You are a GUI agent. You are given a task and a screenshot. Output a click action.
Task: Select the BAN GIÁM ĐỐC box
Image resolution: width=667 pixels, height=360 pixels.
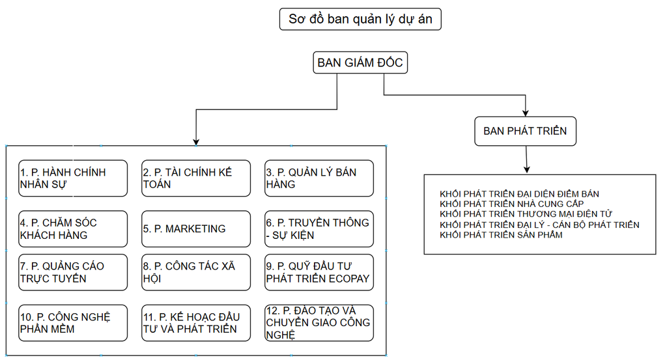(360, 63)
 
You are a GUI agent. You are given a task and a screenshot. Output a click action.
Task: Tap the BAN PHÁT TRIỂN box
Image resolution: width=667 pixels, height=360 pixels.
(525, 131)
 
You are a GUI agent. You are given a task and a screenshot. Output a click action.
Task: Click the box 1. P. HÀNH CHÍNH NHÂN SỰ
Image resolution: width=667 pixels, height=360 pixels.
(73, 178)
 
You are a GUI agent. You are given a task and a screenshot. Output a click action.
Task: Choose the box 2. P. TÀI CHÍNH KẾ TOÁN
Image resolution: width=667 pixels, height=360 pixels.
(195, 178)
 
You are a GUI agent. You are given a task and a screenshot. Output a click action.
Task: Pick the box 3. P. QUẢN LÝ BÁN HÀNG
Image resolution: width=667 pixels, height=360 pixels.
(319, 178)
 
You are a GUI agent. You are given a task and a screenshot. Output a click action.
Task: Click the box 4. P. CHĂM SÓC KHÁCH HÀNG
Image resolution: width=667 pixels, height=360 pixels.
(73, 229)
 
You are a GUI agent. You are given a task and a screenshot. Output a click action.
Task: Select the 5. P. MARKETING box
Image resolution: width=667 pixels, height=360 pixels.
(195, 229)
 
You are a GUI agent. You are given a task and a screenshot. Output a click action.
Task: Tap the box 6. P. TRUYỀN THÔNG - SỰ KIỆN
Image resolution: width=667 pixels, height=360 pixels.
(319, 229)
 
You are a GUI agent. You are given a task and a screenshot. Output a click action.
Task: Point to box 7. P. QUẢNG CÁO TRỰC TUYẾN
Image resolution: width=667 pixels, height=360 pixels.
(73, 272)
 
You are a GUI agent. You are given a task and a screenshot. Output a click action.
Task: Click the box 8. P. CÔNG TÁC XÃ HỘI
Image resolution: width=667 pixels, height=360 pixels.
(195, 272)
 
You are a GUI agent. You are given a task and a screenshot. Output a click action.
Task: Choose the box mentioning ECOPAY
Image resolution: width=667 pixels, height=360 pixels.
(319, 272)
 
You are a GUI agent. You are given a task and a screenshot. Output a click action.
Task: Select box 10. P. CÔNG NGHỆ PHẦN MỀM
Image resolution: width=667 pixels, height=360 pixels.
(73, 323)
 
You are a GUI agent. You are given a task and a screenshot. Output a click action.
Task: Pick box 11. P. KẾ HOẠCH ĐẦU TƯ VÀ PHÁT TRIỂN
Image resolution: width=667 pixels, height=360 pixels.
(195, 323)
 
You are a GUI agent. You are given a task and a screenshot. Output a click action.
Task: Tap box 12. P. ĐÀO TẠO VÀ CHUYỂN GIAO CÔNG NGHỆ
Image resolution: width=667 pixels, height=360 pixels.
(319, 323)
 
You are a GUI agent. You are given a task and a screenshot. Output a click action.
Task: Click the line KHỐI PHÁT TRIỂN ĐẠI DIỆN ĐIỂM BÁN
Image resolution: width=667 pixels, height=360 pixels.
(519, 194)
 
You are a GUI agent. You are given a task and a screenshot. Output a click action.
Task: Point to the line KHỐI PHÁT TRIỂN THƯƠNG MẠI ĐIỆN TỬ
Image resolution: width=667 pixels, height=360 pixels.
(526, 214)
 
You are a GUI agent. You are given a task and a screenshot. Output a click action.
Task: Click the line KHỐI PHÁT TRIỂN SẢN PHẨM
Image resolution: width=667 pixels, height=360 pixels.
(501, 234)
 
